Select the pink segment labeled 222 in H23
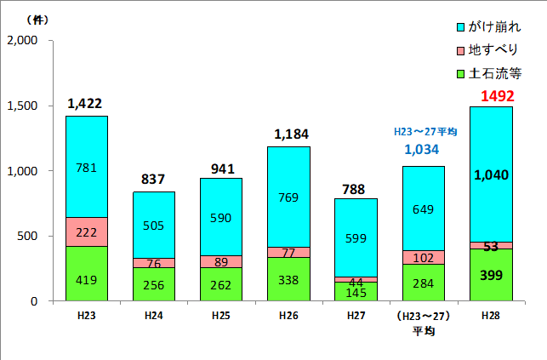click(x=87, y=231)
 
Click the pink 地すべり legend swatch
click(x=460, y=51)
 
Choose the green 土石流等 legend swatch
click(x=460, y=74)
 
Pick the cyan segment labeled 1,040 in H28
click(x=491, y=174)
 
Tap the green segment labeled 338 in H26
click(x=288, y=279)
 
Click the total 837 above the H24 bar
click(x=154, y=179)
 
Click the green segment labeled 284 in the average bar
click(x=423, y=283)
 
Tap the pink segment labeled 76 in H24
click(x=154, y=263)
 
